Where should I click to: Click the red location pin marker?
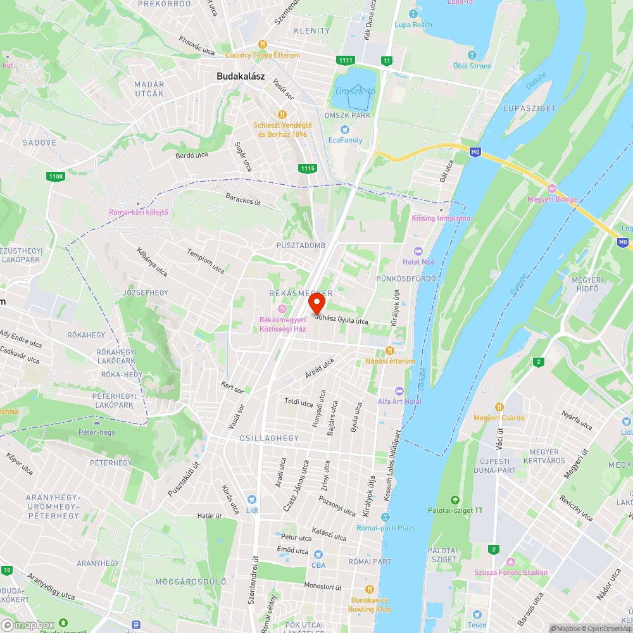316,304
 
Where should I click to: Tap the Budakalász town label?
241,76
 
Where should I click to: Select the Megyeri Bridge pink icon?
551,189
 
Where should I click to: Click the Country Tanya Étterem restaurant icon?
262,44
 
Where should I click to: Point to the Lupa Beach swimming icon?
413,14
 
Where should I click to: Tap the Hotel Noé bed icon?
417,251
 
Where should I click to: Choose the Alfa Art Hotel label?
399,401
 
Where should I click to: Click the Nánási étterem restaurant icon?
390,351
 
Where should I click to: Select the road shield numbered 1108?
56,176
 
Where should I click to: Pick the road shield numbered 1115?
308,168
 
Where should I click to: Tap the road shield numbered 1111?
346,60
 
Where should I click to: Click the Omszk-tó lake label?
354,91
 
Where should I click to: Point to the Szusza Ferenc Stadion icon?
511,561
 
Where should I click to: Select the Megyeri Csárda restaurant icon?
499,406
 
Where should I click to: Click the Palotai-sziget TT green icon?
454,500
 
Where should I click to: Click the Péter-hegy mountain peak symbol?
96,422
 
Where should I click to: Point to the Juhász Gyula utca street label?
342,320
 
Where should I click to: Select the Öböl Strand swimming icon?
472,55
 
